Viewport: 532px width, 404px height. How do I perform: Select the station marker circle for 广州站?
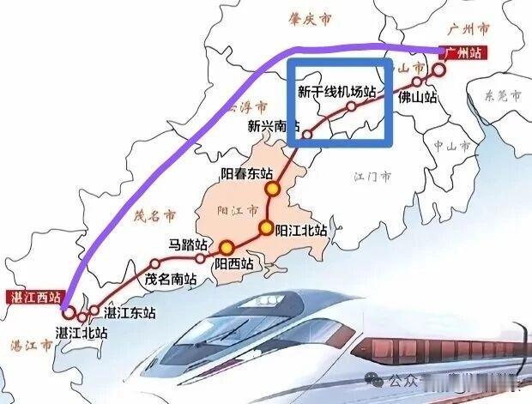[440, 69]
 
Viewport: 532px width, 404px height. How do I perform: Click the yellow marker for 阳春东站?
[272, 189]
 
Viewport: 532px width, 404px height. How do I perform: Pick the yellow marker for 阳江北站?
[266, 228]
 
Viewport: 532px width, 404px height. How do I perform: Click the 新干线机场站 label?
[338, 90]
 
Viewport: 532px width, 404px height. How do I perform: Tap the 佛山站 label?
[418, 98]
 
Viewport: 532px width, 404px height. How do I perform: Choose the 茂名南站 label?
[171, 279]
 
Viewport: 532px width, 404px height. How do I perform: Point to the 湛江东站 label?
[128, 312]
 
